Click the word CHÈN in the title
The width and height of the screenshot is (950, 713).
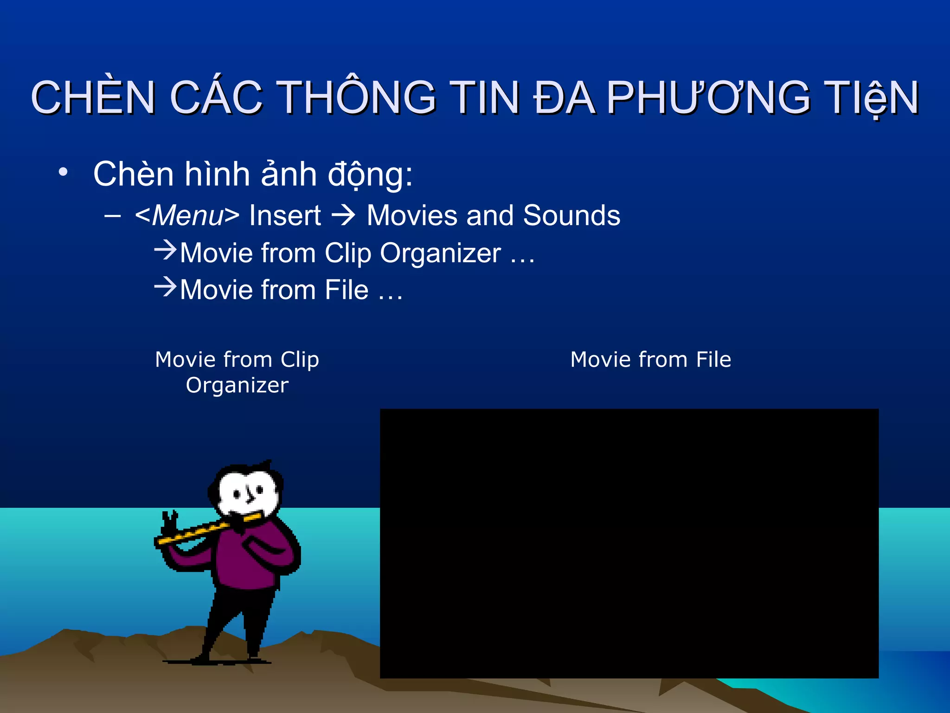pyautogui.click(x=93, y=97)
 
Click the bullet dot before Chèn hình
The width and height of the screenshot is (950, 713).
pyautogui.click(x=63, y=173)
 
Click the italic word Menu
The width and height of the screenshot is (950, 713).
pyautogui.click(x=187, y=216)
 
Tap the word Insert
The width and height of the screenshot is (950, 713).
pyautogui.click(x=285, y=216)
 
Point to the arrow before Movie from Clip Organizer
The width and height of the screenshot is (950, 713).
pyautogui.click(x=165, y=250)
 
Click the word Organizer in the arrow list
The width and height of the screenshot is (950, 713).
pyautogui.click(x=440, y=254)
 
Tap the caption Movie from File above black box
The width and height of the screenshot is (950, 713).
pyautogui.click(x=650, y=360)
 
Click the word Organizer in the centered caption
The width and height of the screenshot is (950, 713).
pyautogui.click(x=237, y=385)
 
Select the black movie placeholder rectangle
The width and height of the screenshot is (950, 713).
pyautogui.click(x=629, y=543)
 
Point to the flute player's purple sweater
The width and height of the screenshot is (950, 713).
pyautogui.click(x=250, y=557)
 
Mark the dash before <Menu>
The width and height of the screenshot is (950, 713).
pyautogui.click(x=113, y=216)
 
